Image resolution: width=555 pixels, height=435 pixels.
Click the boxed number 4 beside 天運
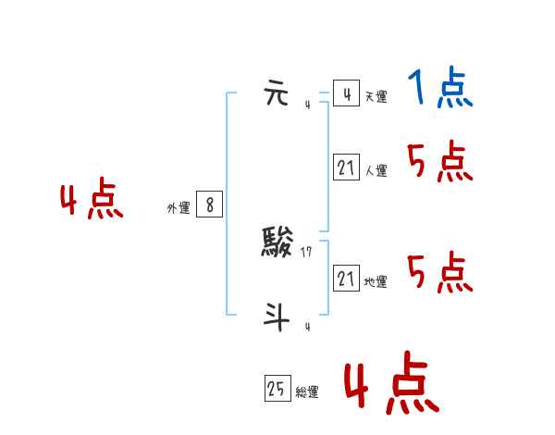tap(345, 94)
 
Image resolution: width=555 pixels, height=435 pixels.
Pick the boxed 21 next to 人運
tap(346, 168)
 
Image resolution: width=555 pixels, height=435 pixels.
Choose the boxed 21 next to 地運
tap(346, 279)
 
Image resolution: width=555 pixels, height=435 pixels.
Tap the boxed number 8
tap(209, 205)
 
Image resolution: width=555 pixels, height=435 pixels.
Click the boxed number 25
tap(277, 390)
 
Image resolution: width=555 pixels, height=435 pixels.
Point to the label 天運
tap(376, 97)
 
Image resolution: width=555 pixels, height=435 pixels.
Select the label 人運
tap(376, 171)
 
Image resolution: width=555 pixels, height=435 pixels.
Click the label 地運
tap(376, 282)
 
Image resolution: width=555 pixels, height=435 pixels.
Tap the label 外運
tap(179, 209)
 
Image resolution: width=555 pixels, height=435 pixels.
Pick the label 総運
tap(307, 392)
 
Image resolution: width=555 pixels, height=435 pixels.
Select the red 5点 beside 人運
tap(440, 163)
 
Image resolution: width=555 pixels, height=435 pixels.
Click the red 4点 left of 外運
tap(92, 201)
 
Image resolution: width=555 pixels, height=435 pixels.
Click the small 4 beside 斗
tap(307, 326)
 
